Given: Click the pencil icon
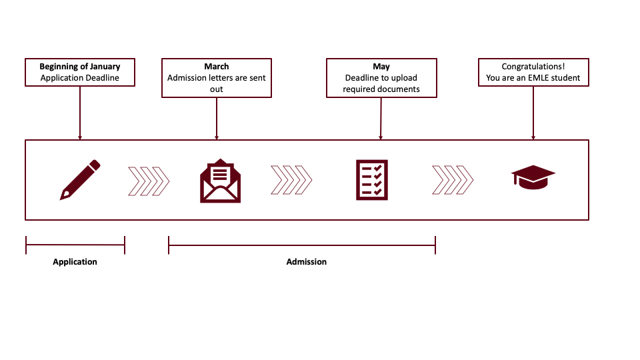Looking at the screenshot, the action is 80,179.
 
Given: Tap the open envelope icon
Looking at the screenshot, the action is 221,181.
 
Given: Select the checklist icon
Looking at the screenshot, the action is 372,180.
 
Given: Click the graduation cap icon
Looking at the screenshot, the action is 533,177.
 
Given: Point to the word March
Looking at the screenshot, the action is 216,67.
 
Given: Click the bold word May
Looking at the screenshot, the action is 381,67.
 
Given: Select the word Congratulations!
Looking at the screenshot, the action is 533,67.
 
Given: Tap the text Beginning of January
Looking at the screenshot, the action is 80,67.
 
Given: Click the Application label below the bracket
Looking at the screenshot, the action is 75,261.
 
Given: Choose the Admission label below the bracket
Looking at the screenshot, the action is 307,261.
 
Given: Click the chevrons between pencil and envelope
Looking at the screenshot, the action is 149,181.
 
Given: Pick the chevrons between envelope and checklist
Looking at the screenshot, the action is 291,180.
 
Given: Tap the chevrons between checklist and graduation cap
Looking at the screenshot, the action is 453,180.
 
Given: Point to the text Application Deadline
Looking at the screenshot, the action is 80,78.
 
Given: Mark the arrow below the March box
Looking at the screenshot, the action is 217,119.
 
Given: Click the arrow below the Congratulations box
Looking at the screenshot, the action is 533,113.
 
